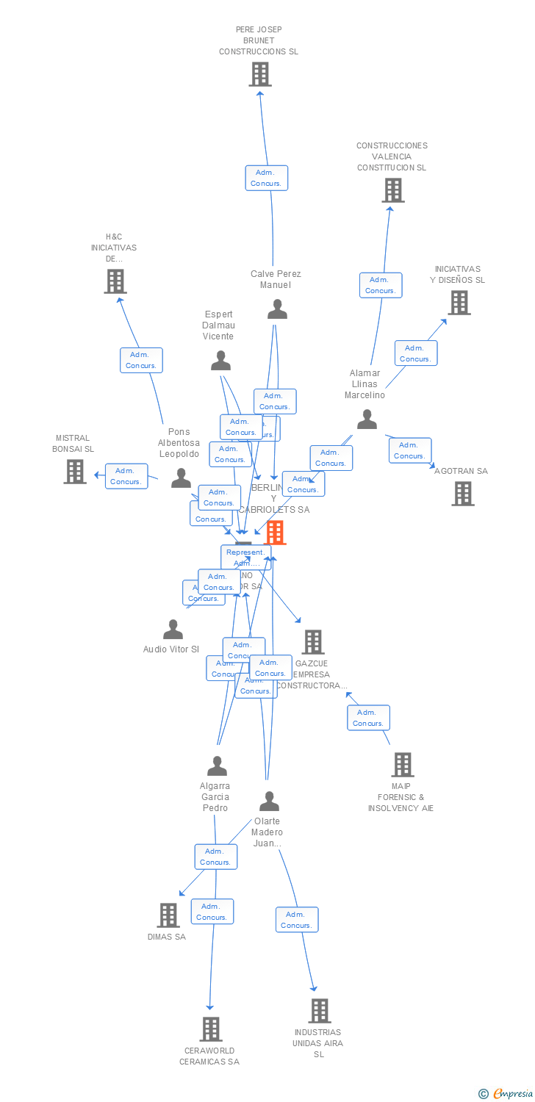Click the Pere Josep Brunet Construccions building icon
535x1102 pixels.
(x=259, y=74)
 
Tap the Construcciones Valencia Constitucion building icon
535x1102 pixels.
(x=393, y=190)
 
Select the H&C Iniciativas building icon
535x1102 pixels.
(x=115, y=281)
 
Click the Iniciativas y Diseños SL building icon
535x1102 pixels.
(x=459, y=302)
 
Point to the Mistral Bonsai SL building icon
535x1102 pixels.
(x=75, y=472)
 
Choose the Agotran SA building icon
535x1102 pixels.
(x=463, y=494)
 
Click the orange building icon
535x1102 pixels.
(x=275, y=533)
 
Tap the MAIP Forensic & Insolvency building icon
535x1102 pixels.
(x=403, y=765)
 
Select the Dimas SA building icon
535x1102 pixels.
(x=168, y=915)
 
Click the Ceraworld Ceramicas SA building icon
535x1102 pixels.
(x=211, y=1029)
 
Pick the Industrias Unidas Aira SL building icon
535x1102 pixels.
(x=319, y=1011)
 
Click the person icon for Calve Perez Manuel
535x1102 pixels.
(x=277, y=309)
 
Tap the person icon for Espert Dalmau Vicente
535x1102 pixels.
(x=220, y=360)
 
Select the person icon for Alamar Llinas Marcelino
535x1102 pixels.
(x=367, y=419)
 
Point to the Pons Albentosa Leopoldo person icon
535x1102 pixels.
(x=181, y=478)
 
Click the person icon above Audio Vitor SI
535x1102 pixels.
(x=173, y=630)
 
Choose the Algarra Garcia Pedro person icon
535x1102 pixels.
(x=217, y=766)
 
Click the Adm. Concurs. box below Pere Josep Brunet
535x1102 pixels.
(x=266, y=178)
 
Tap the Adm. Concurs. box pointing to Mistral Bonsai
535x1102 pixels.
(x=126, y=476)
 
